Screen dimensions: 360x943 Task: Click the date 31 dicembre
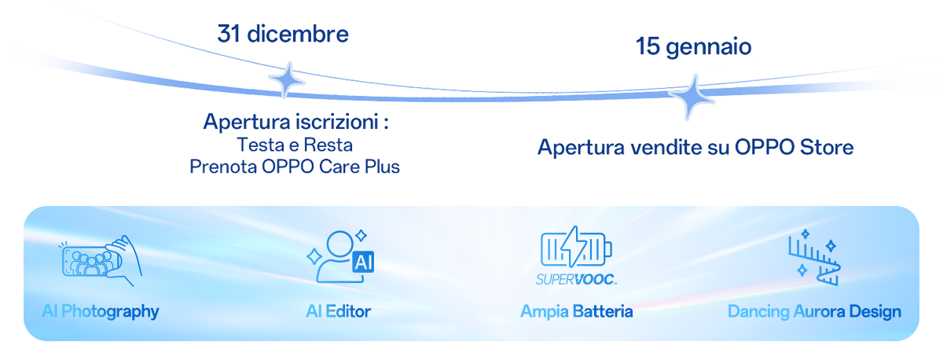tap(283, 35)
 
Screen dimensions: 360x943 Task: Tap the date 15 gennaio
tap(693, 48)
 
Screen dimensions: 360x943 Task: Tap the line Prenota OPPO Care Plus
tap(295, 167)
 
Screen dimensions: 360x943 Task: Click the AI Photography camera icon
tap(101, 258)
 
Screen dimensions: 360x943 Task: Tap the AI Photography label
tap(101, 312)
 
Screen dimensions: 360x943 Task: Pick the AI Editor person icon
tap(334, 256)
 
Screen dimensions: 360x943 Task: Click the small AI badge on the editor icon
tap(364, 263)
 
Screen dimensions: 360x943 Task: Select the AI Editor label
tap(338, 312)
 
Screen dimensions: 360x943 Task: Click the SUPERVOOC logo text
tap(576, 279)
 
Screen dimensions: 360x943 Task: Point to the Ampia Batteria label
tap(576, 312)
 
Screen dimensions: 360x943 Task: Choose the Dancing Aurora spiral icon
tap(814, 258)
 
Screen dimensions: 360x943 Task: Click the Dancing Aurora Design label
tap(814, 312)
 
